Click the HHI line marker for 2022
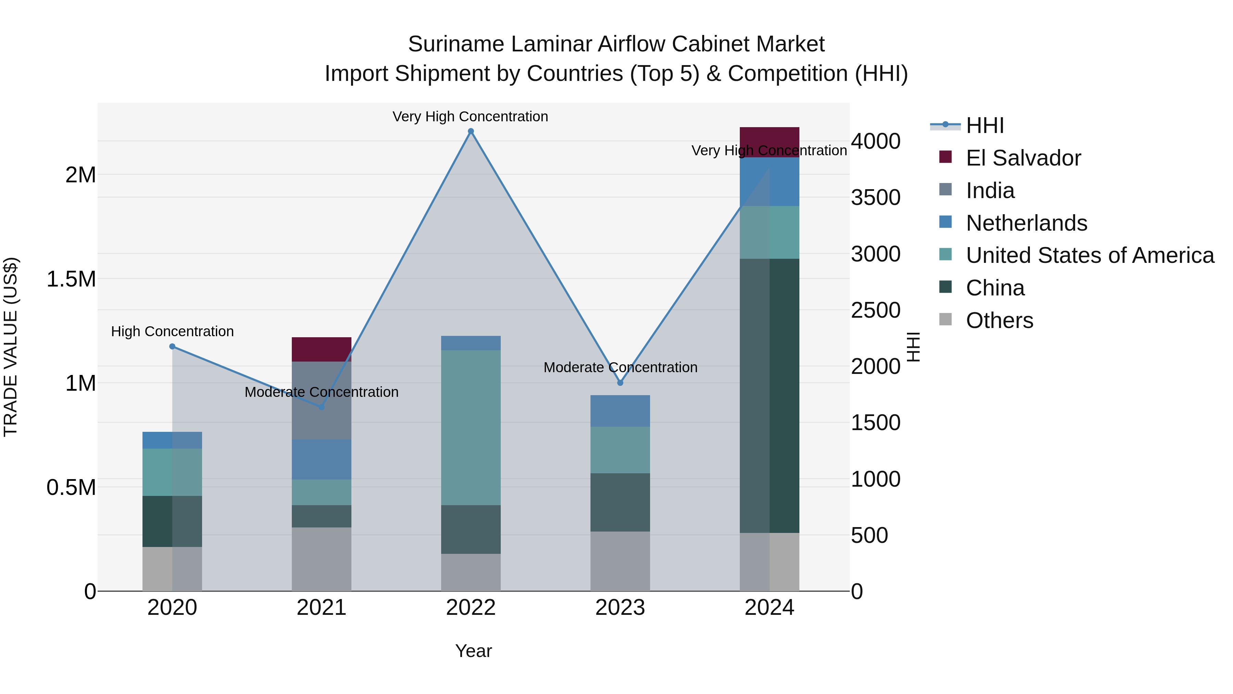tap(471, 131)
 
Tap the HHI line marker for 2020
tap(172, 346)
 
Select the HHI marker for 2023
tap(620, 383)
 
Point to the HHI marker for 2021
tap(322, 407)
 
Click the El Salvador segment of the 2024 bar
tap(769, 142)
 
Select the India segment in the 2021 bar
tap(322, 400)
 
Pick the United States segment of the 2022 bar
tap(471, 427)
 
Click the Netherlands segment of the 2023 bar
tap(620, 411)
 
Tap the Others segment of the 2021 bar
tap(322, 559)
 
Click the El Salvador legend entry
tap(1023, 158)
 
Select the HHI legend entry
tap(985, 125)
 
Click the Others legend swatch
tap(945, 319)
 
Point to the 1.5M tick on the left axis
tap(71, 279)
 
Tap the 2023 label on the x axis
tap(620, 608)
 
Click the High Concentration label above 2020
tap(172, 331)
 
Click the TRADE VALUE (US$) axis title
tap(11, 347)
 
